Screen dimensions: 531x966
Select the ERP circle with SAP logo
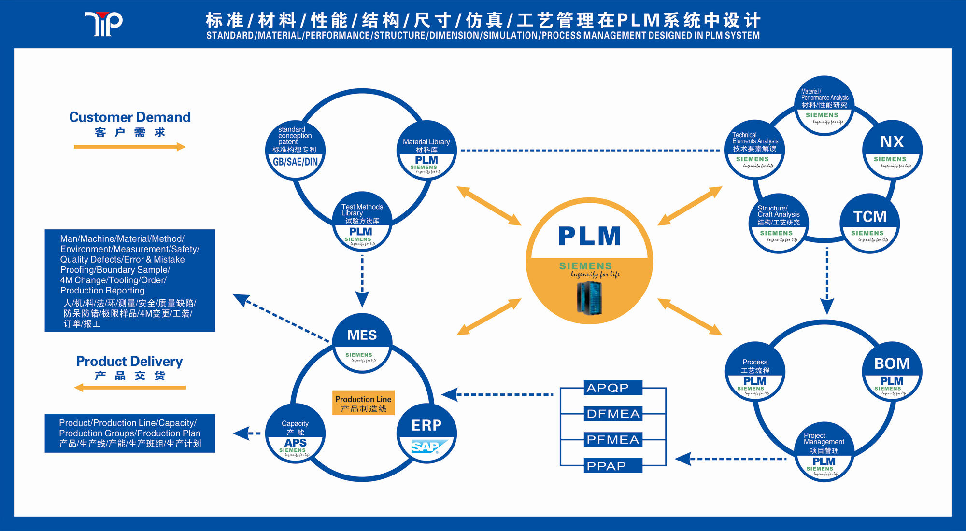(426, 433)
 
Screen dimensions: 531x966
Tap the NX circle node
(892, 150)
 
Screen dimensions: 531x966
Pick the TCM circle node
(869, 224)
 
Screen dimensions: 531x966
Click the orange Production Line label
(363, 403)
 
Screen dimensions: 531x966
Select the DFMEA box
(613, 414)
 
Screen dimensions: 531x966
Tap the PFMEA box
(613, 440)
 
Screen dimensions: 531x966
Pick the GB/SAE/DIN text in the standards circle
(295, 162)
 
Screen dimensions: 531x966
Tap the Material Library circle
(426, 151)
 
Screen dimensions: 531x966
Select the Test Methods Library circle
(362, 222)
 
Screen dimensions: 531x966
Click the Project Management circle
(824, 452)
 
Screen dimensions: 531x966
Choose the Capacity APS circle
(295, 433)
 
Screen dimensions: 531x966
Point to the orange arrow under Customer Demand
(129, 147)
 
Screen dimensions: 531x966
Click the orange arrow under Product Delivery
(129, 387)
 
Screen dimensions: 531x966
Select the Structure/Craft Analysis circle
(778, 224)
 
